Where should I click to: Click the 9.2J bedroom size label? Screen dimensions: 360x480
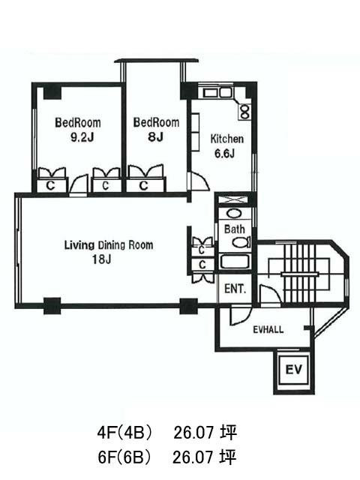[x=82, y=138]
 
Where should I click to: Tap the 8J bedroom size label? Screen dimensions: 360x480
[x=155, y=137]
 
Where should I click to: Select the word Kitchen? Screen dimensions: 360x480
[x=226, y=139]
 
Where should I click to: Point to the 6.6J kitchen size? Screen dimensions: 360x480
[x=224, y=153]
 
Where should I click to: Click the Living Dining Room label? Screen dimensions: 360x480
[x=109, y=245]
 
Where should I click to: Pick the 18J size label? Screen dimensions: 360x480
[x=102, y=259]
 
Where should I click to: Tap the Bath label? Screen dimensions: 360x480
[x=235, y=229]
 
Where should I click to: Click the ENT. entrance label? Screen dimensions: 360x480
[x=235, y=289]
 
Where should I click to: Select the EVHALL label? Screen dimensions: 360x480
[x=268, y=330]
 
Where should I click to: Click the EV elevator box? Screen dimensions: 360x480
[x=293, y=370]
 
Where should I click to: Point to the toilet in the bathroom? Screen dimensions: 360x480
[x=241, y=243]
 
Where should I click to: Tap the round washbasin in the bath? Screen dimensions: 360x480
[x=234, y=213]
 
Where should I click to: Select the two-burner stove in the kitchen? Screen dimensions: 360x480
[x=245, y=112]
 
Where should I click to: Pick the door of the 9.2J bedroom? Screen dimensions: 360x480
[x=78, y=184]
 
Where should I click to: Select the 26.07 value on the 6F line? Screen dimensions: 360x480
[x=193, y=458]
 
